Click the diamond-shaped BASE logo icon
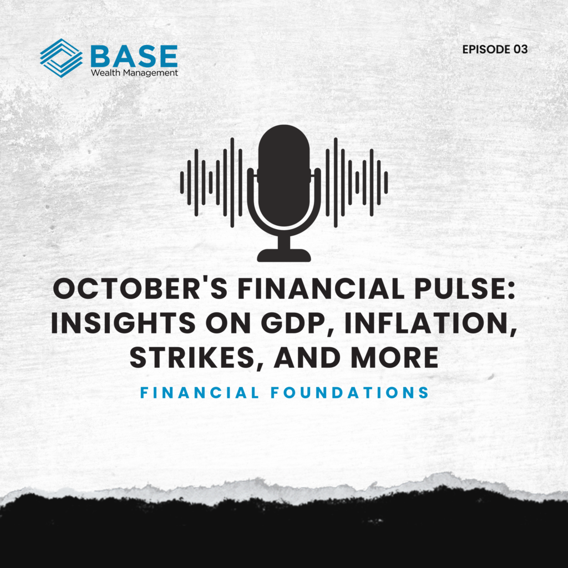61,58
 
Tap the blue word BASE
134,56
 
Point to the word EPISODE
486,49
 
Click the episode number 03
520,49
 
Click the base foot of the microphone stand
284,255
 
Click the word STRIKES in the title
196,358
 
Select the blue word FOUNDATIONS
351,393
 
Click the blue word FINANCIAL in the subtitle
200,393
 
